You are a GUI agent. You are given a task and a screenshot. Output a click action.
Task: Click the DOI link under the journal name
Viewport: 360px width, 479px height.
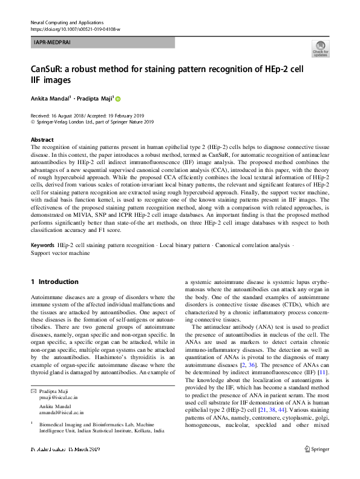point(74,29)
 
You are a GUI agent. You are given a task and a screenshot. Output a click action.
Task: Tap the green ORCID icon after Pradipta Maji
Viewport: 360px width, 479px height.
point(118,99)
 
